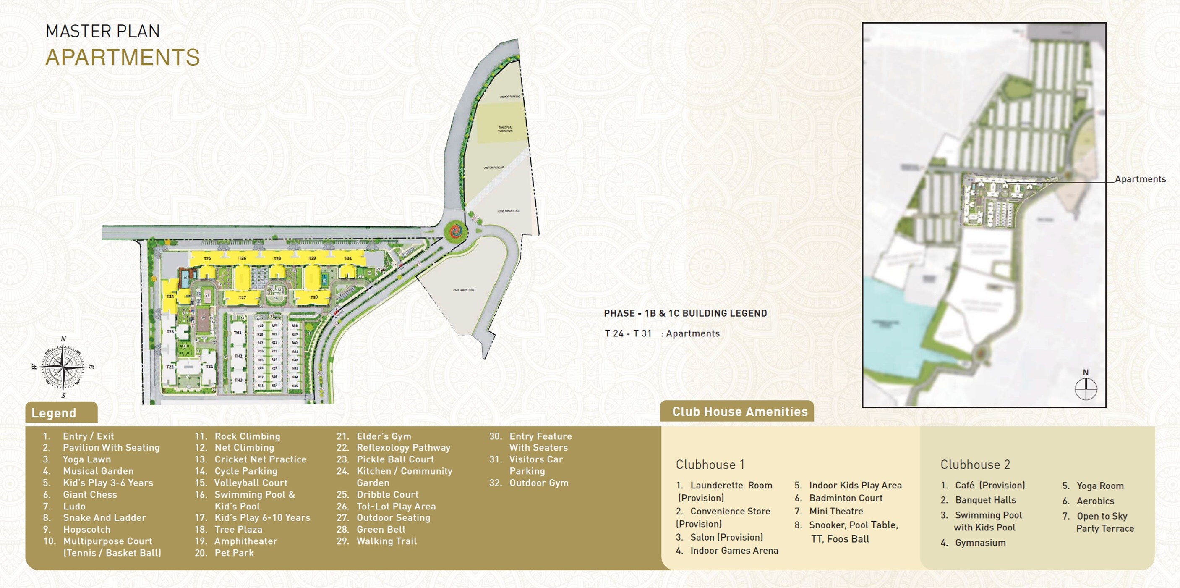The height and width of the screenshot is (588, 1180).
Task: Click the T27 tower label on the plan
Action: coord(242,298)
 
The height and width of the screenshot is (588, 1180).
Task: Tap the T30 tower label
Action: coord(314,297)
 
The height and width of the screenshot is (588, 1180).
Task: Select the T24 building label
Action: coord(170,297)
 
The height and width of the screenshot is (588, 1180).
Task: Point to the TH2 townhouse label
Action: coord(238,356)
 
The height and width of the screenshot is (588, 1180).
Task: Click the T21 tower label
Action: coord(209,367)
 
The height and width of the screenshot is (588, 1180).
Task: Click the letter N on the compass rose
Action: coord(63,339)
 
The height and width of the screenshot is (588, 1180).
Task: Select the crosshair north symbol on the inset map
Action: coord(1086,389)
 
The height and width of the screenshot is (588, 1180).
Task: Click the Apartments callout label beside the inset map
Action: coord(1140,179)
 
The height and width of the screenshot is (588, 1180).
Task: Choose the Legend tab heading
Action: coord(54,413)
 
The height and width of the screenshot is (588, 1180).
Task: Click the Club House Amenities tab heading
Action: coord(739,412)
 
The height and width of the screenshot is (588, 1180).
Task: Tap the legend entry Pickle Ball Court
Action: coord(395,459)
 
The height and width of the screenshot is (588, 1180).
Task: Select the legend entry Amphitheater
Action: coord(245,541)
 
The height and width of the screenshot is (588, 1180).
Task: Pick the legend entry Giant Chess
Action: coord(90,494)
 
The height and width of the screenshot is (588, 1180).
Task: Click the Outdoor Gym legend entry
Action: coord(539,483)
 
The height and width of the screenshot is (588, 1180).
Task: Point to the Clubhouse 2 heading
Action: coord(975,465)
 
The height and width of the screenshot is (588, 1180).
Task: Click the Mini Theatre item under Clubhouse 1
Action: coord(836,511)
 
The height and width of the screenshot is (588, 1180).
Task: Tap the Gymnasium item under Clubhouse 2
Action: coord(980,543)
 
